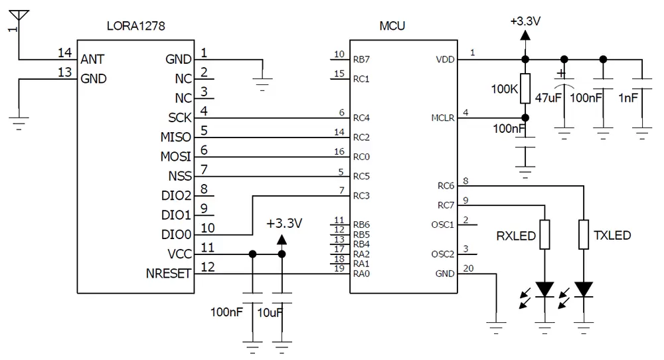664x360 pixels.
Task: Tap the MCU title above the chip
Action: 392,27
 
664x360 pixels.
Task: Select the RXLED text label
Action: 516,236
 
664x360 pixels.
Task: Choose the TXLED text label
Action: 612,236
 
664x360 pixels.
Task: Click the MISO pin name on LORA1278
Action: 175,137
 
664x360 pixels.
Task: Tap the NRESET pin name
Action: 169,274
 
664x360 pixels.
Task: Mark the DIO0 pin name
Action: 176,234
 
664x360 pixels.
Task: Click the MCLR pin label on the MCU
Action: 442,118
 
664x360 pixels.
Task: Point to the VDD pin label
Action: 445,59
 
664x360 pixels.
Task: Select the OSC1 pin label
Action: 442,225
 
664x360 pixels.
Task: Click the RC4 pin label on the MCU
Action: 361,118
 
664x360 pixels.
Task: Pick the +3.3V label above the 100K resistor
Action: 525,21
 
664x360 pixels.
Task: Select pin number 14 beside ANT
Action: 64,52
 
